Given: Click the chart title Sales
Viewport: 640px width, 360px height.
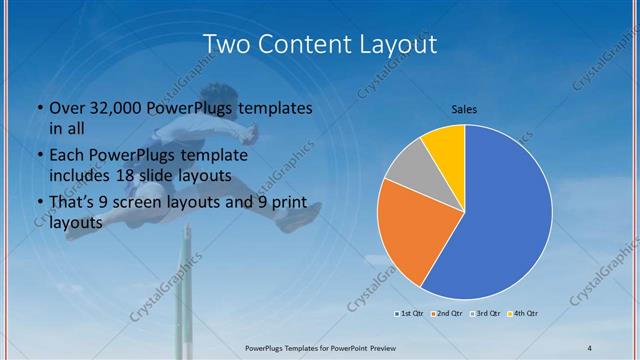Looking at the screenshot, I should point(464,107).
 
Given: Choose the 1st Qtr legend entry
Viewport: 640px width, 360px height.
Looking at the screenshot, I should point(411,314).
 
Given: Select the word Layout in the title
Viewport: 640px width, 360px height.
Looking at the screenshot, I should point(396,45).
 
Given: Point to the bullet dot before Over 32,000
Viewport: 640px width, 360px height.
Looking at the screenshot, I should point(38,108).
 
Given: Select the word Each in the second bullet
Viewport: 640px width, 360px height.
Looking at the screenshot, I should point(68,156).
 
